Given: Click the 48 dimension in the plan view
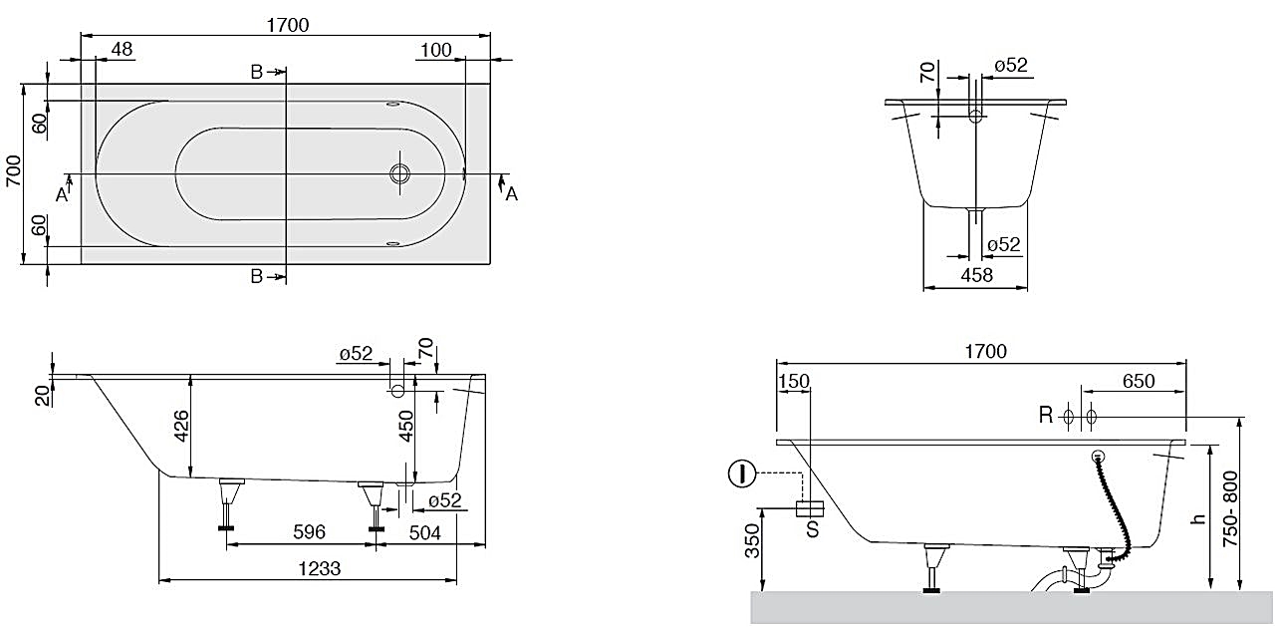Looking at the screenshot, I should click(x=123, y=50).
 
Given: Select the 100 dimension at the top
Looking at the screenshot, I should click(x=435, y=50).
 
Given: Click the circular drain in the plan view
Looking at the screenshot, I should click(x=400, y=173).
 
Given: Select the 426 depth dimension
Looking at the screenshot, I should click(x=180, y=426).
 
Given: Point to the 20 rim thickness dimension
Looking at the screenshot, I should click(x=41, y=395).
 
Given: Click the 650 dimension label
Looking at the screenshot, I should click(x=1138, y=381).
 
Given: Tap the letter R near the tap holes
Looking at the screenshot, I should click(x=1046, y=416).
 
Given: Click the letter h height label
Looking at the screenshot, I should click(x=1199, y=518).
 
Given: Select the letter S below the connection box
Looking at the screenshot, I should click(x=812, y=529).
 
